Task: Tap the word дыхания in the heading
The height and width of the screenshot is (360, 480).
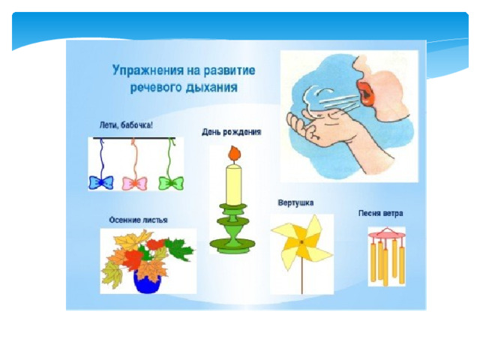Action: click(x=211, y=88)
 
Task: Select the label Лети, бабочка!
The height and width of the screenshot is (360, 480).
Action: click(x=126, y=125)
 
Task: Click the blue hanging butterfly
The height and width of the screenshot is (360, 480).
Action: click(x=101, y=183)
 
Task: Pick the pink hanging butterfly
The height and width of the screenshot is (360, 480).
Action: click(x=135, y=183)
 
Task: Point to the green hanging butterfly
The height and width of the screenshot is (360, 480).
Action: click(x=171, y=183)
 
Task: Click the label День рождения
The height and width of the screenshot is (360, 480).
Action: click(x=232, y=132)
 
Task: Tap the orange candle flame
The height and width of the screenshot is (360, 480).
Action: click(x=234, y=153)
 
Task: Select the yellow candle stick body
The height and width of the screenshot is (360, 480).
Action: click(x=233, y=185)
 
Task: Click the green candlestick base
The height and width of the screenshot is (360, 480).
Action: click(x=232, y=244)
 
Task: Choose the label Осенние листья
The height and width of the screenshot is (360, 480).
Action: click(x=138, y=220)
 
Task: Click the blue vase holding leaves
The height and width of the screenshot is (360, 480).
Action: click(x=147, y=282)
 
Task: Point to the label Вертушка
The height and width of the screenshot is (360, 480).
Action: click(x=295, y=203)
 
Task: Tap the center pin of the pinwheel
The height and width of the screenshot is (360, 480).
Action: click(x=301, y=242)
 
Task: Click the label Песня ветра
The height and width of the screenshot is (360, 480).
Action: click(x=380, y=213)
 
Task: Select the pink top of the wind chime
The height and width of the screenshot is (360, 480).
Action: click(x=387, y=235)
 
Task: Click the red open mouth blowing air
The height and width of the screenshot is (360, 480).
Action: click(x=366, y=93)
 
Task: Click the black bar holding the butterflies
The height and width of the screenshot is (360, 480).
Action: click(x=134, y=138)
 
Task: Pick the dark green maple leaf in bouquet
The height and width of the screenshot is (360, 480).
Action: click(x=181, y=248)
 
